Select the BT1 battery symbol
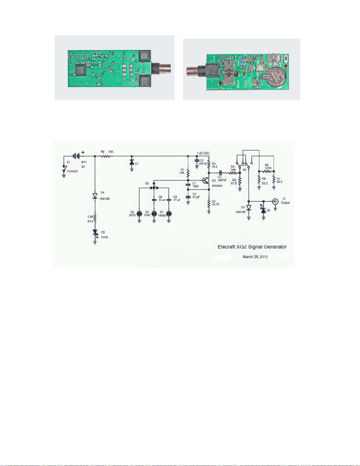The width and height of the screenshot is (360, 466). pos(76,156)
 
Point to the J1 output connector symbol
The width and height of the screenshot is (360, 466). pos(275,201)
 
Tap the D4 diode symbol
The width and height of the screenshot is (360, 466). pos(95,196)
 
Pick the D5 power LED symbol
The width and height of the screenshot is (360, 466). pos(95,232)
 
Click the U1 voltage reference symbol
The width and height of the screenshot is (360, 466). pos(132,162)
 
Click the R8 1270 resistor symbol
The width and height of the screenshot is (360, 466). pos(267,171)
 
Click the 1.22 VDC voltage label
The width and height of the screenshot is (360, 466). pos(203,153)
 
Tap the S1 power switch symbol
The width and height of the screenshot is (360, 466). pos(64,168)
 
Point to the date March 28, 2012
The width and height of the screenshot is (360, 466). pos(255,257)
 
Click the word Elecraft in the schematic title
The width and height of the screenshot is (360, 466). pos(226,247)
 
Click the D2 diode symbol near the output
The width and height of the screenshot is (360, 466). pos(264,210)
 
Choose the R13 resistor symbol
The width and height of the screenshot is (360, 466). pos(95,218)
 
